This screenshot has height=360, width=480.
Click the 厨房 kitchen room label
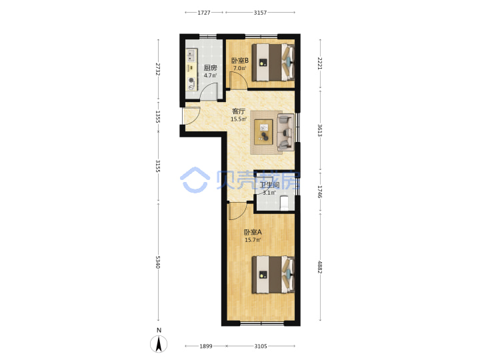(x=210, y=67)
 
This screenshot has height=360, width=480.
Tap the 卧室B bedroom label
(x=240, y=61)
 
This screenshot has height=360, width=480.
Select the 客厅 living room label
(x=239, y=111)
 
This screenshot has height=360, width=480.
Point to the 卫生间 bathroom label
(x=269, y=185)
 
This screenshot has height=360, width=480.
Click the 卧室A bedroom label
(x=253, y=233)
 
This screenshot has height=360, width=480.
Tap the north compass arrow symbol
(x=159, y=344)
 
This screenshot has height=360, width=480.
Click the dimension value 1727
(x=204, y=13)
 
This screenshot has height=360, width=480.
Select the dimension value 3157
(x=260, y=13)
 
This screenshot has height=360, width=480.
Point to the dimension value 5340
(x=157, y=263)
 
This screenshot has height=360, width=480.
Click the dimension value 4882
(x=319, y=267)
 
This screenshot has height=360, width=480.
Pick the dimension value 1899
(x=206, y=346)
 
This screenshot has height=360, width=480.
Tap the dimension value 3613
(x=319, y=131)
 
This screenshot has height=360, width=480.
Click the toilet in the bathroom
(x=285, y=203)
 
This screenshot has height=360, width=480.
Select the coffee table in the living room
(x=263, y=132)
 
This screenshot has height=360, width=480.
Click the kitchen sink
(x=191, y=56)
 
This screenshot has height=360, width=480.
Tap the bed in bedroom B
(x=273, y=63)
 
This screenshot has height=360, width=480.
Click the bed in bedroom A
(x=273, y=275)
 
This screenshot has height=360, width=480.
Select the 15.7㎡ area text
(x=253, y=240)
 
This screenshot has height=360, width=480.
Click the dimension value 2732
(x=157, y=69)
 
